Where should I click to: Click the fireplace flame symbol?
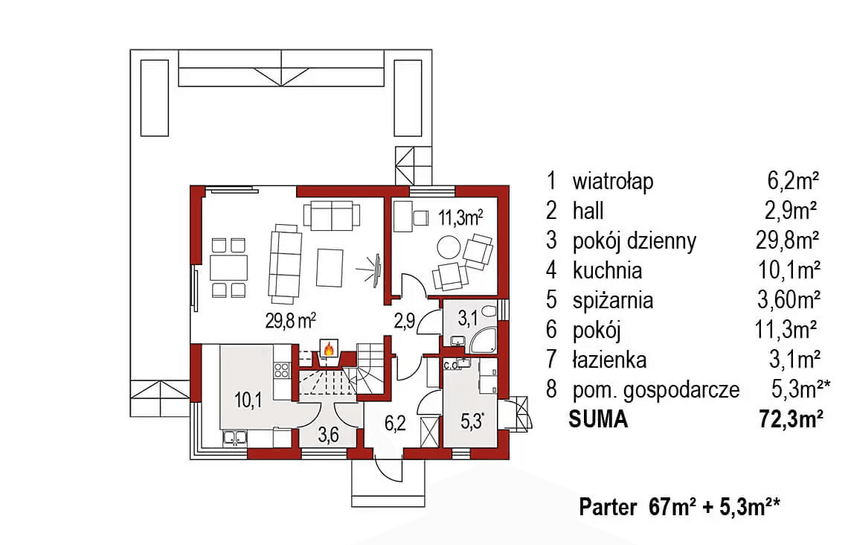327,348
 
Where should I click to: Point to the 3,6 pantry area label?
327,436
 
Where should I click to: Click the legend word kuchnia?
607,270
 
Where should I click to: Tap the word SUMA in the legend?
598,420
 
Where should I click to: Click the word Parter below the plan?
608,508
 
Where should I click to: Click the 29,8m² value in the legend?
787,240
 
